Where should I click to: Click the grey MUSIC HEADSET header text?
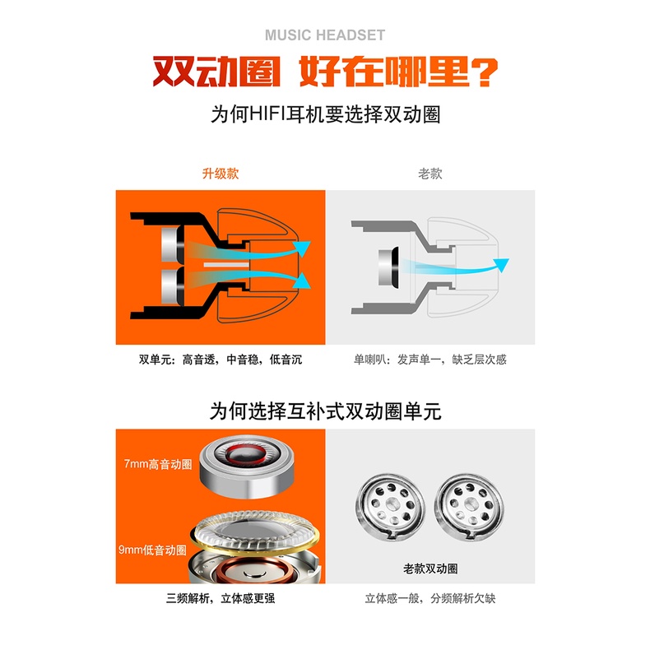(x=325, y=35)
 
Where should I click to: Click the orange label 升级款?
(x=221, y=174)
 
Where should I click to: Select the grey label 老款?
(x=429, y=174)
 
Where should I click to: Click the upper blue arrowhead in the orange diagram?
(x=302, y=248)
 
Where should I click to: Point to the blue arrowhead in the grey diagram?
(x=501, y=264)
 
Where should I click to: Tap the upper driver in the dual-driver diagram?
(x=173, y=245)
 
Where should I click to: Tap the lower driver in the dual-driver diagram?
(x=173, y=286)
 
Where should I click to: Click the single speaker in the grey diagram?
(x=388, y=267)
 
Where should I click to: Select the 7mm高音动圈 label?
(x=158, y=464)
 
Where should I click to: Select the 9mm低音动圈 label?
(x=152, y=550)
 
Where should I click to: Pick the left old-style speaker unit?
(x=390, y=506)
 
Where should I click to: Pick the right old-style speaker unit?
(x=469, y=506)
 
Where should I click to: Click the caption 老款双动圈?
(x=430, y=569)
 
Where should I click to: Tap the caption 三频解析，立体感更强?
(x=221, y=598)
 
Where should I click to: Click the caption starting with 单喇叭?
(x=429, y=360)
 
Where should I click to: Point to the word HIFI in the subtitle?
(x=267, y=114)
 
